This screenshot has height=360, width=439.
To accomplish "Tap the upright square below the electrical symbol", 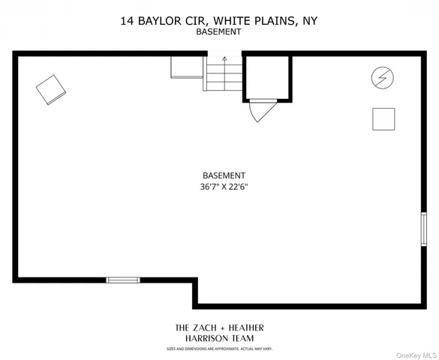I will tap(383, 118).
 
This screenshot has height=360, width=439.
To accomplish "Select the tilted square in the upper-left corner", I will tap(51, 90).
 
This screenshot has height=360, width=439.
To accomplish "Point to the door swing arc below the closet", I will tap(259, 111).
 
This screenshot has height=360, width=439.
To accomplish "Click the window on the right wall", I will tap(423, 229).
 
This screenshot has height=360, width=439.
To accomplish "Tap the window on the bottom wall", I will tap(123, 280).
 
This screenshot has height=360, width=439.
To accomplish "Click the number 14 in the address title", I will tap(128, 22).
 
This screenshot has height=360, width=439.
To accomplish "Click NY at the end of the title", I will tap(308, 22).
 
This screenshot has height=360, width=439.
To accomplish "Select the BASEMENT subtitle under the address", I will tap(218, 33).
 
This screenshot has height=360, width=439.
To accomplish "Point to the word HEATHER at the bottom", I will tap(245, 328).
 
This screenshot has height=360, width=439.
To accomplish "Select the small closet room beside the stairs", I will tap(266, 76).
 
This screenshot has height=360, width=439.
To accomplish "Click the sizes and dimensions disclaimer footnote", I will tap(218, 349).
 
